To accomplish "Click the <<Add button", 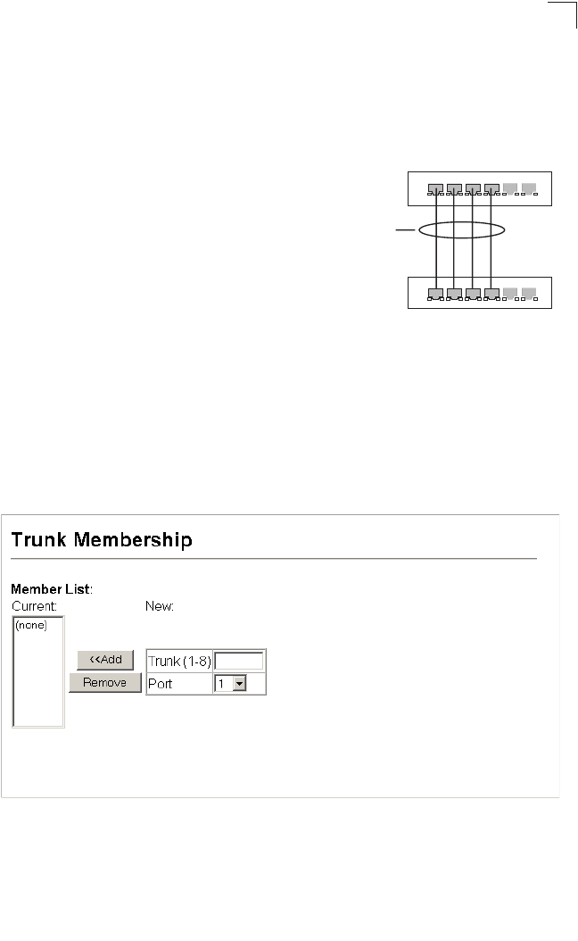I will (105, 660).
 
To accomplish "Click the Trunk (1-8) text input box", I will (239, 661).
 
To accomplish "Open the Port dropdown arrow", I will (238, 684).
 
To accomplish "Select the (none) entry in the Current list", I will (31, 626).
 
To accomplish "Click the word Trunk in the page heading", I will (38, 540).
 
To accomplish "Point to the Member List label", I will (52, 589).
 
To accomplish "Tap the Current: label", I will (33, 605).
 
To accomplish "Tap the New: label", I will (160, 605).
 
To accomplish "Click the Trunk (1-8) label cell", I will (179, 661).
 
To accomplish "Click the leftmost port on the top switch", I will (434, 189).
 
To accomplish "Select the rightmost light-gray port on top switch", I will (528, 188).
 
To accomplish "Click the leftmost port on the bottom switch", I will (434, 293).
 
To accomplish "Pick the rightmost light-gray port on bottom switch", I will (528, 293).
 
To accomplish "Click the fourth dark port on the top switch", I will (491, 189).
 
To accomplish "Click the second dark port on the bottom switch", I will (453, 293).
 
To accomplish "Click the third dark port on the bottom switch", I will (472, 293).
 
